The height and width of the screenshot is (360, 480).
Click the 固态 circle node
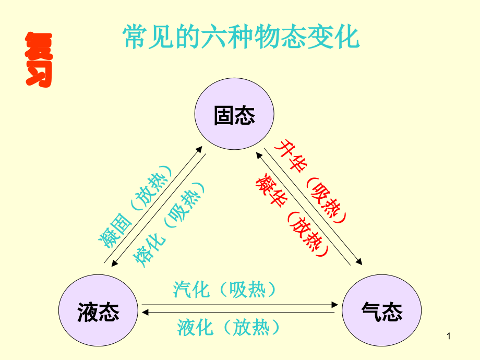[234, 115]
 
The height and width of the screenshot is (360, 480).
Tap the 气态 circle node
[381, 311]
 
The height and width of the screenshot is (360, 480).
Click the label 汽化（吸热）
[225, 290]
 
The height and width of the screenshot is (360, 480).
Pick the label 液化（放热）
[229, 328]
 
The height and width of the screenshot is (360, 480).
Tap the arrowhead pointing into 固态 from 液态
[200, 149]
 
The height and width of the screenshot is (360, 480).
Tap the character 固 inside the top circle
[224, 115]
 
